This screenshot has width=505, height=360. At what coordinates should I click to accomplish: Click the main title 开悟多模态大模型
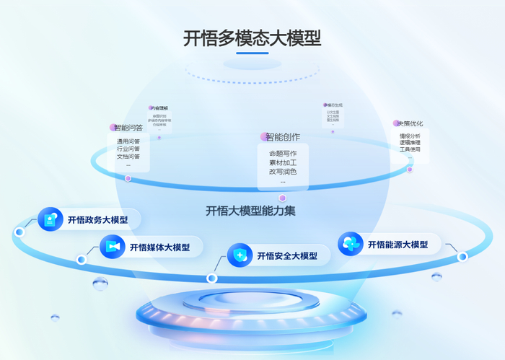tap(252, 38)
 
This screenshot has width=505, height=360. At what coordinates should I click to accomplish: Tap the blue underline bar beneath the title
tap(252, 53)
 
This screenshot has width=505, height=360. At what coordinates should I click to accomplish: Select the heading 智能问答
tap(129, 128)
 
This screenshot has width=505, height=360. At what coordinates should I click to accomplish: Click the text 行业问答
tap(128, 149)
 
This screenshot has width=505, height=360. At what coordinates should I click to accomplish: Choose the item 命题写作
tap(283, 153)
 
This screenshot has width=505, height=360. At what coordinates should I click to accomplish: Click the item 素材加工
tap(283, 162)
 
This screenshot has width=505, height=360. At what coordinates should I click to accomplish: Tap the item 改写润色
tap(283, 172)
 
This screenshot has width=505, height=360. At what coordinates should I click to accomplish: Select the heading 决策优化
tap(410, 123)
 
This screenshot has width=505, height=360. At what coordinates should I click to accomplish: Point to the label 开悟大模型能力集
tap(250, 211)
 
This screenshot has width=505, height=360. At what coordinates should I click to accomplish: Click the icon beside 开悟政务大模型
tap(50, 219)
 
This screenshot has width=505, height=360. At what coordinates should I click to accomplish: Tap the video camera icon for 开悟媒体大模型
tap(113, 247)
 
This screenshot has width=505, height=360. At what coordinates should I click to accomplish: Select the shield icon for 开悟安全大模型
tap(240, 255)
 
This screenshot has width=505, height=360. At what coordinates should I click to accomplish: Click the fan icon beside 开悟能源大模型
tap(350, 244)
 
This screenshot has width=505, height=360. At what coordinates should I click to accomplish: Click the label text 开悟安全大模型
tap(286, 256)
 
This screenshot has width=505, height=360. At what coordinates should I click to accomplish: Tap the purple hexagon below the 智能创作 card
tap(283, 198)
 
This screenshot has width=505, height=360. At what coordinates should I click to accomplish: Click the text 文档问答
tap(128, 157)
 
